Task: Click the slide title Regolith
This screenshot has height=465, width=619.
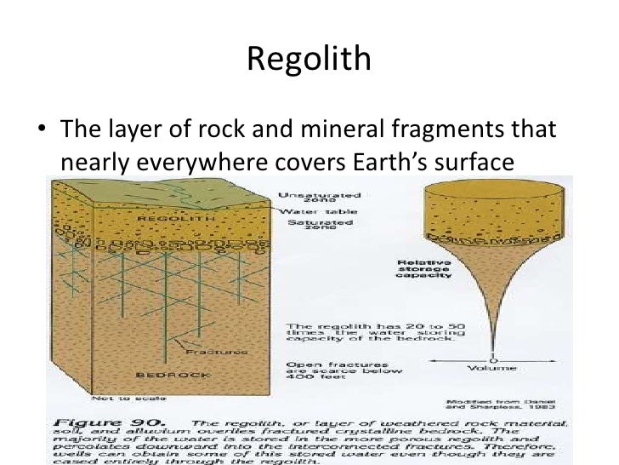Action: click(x=309, y=59)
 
